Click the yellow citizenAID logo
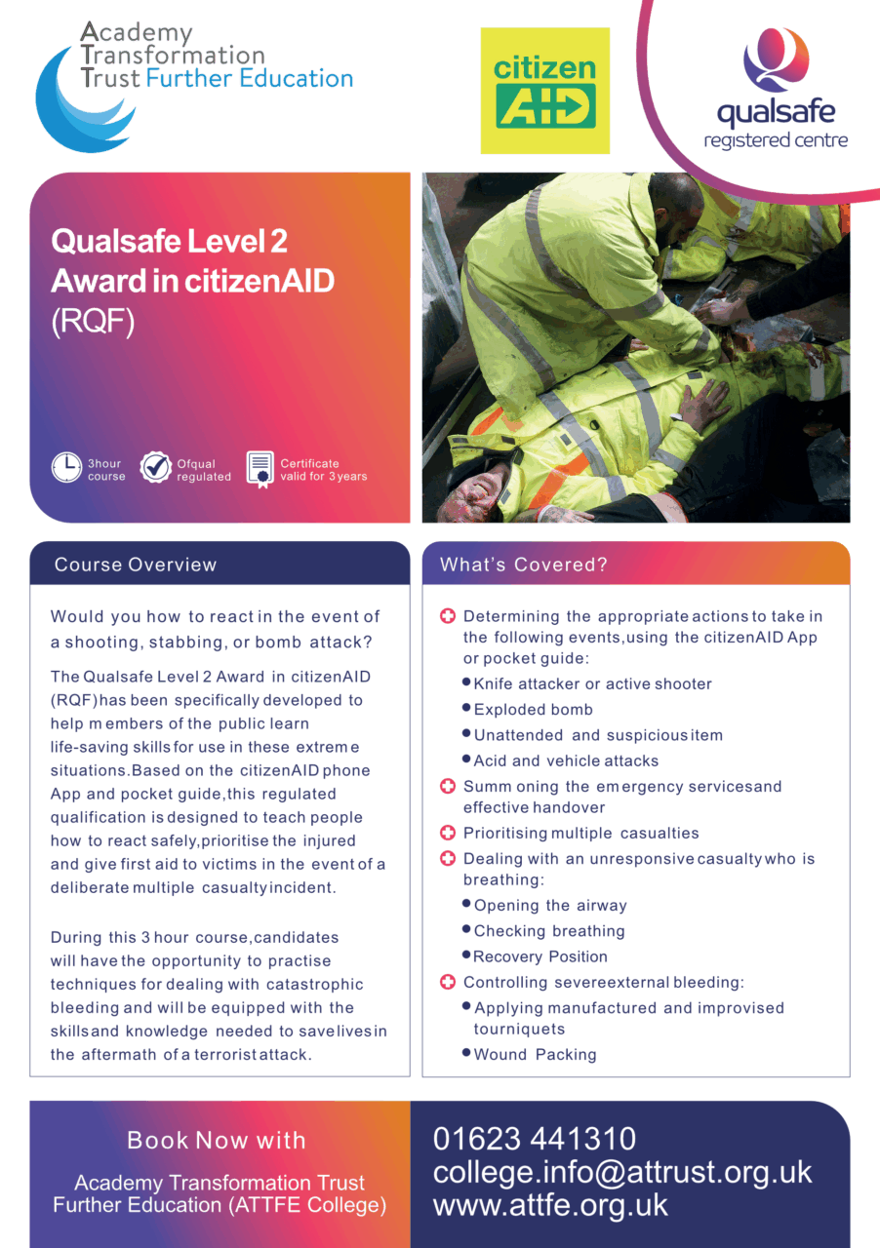coord(544,91)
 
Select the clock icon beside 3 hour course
coord(66,468)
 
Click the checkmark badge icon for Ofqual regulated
coord(156,468)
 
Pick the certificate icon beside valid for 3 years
coord(260,468)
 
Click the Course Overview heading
coord(136,565)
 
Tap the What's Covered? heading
coord(524,565)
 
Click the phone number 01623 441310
coord(534,1138)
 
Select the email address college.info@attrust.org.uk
coord(622,1171)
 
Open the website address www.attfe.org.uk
coord(550,1204)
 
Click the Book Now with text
coord(217,1140)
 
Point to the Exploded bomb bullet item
coord(533,710)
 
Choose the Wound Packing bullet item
coord(535,1055)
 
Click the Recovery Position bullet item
coord(540,956)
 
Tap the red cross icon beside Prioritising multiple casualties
coord(448,833)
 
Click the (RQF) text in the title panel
coord(92,323)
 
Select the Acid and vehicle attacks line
coord(566,760)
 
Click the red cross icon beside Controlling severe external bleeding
coord(448,982)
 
